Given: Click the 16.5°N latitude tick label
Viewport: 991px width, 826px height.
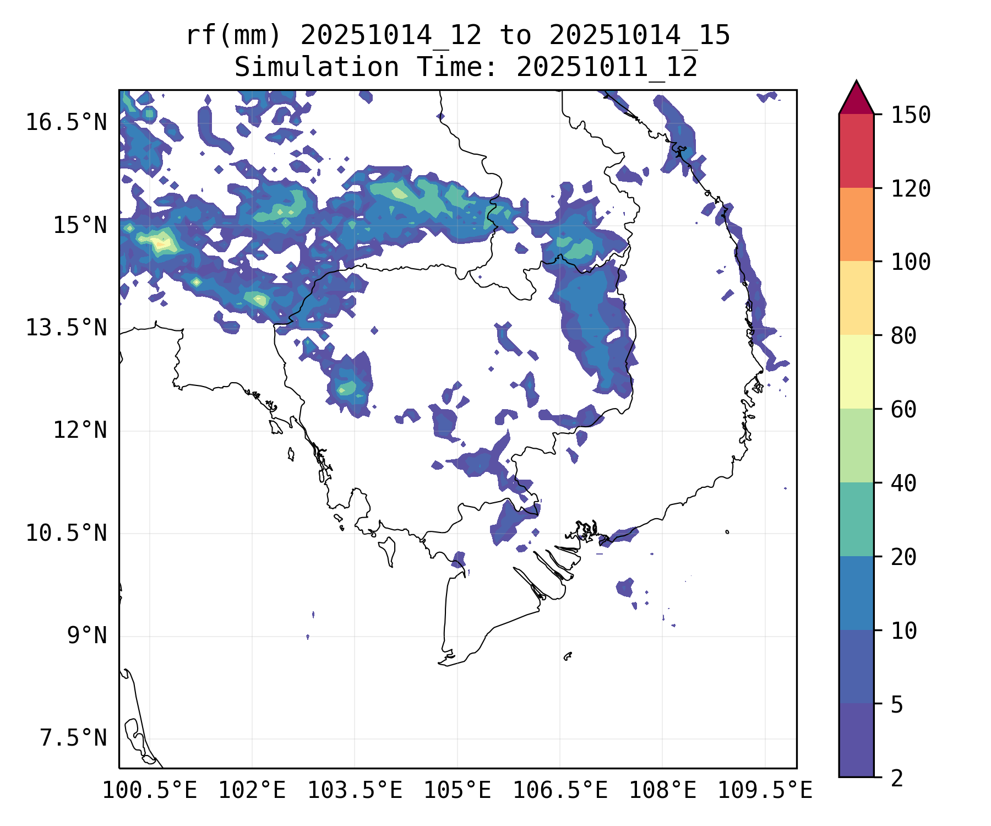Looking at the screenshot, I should tap(66, 122).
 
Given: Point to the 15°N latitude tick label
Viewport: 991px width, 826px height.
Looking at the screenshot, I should tap(80, 225).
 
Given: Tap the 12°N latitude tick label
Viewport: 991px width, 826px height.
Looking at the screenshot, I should tap(80, 430).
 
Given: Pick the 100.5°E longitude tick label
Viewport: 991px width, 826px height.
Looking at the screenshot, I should tap(150, 790).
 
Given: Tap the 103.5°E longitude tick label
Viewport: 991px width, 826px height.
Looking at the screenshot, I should tap(355, 790).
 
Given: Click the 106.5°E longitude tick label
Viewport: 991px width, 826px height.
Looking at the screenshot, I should tap(560, 790).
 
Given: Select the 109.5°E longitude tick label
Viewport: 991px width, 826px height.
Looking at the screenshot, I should tap(765, 790).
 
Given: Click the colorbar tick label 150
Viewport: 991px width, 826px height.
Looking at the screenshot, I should tap(911, 115).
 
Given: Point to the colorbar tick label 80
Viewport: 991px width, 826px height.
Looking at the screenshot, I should tap(903, 335).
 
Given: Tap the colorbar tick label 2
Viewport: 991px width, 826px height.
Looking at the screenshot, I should tap(897, 778).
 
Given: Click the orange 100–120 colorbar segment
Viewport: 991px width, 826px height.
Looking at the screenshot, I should tap(856, 224).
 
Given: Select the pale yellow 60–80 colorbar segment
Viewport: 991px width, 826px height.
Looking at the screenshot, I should tap(856, 372).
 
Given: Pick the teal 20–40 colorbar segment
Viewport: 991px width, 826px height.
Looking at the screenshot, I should tap(856, 519).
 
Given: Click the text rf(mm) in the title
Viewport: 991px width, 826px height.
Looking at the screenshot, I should tap(233, 35).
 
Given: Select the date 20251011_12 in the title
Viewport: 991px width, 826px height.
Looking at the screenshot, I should tap(607, 67).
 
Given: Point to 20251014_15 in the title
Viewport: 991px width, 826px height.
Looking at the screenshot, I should tap(639, 35).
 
